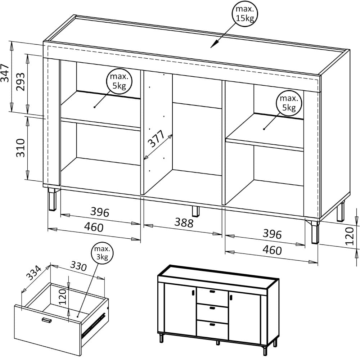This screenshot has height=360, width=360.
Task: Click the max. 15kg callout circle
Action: [245, 14]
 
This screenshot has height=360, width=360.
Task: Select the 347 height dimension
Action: [5, 73]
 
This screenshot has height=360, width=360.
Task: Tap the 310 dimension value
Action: [20, 148]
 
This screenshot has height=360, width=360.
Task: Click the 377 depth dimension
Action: [156, 139]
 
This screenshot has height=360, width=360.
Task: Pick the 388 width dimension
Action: [184, 222]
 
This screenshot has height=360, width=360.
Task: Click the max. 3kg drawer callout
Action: [102, 253]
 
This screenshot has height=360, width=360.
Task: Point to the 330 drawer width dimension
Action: [78, 266]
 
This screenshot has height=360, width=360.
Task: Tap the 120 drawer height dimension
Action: [62, 297]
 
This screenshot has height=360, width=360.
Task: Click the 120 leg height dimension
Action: [350, 236]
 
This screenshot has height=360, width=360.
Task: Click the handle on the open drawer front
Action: [46, 320]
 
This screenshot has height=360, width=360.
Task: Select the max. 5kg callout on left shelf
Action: [120, 82]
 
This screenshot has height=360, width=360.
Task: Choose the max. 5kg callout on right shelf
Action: [289, 103]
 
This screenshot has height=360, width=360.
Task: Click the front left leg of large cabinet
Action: [53, 199]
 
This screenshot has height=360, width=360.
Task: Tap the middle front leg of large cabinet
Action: [196, 211]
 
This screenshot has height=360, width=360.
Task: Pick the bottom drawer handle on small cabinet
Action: [212, 324]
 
